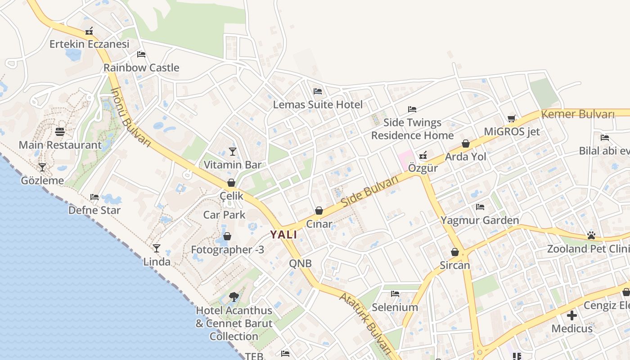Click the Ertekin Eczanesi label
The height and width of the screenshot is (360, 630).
coord(89,44)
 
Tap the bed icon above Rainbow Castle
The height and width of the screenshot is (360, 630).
coord(141,54)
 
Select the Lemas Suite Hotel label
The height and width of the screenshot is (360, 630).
coord(318,105)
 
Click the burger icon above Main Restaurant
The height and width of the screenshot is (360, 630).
coord(60,132)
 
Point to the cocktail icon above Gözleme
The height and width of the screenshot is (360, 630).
coord(42,167)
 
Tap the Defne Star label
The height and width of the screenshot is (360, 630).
coord(94,210)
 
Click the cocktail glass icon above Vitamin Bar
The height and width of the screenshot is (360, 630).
coord(233,151)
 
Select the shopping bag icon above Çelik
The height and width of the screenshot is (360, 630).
coord(231,183)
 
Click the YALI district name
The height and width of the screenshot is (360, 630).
coord(283,234)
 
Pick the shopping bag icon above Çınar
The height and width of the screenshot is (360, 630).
coord(319,211)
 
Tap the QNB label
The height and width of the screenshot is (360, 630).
coord(300,263)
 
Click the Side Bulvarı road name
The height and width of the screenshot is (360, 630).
coord(370,192)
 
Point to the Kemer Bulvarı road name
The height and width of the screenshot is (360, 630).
coord(578,114)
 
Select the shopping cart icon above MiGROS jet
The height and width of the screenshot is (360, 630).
coord(512,118)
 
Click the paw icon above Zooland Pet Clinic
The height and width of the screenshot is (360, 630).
coord(591,235)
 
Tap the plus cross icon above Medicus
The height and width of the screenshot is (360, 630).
coord(572,315)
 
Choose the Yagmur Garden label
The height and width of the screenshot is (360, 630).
coord(480,220)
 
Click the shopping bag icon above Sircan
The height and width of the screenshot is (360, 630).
coord(455,252)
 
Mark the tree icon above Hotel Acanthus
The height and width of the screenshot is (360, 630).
coord(234,297)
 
